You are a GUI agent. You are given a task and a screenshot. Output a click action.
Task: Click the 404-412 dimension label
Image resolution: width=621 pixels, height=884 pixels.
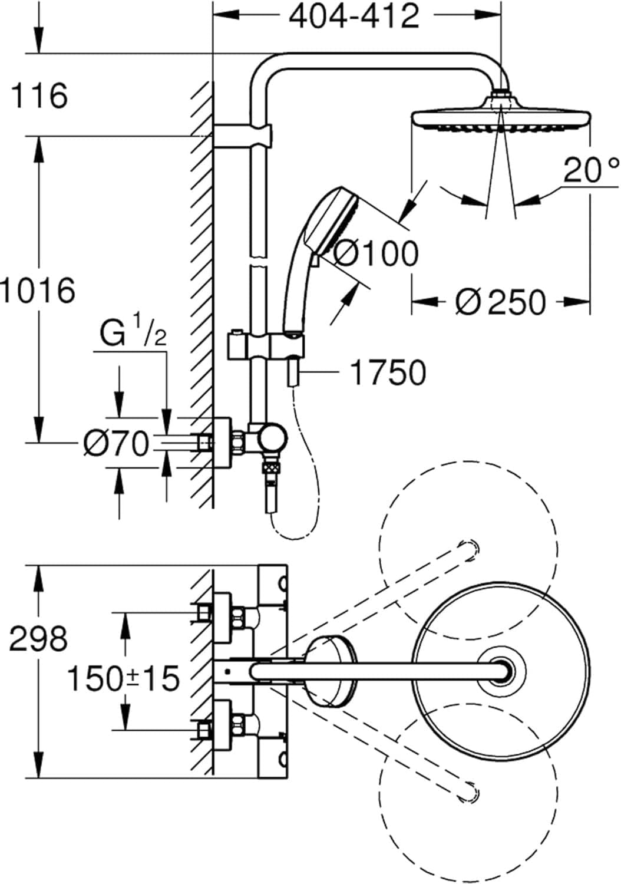coord(355,17)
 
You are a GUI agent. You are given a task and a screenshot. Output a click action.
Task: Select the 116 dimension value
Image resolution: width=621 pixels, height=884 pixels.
coord(40,96)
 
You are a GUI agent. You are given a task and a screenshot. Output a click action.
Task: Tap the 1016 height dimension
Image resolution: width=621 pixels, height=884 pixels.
coord(38,291)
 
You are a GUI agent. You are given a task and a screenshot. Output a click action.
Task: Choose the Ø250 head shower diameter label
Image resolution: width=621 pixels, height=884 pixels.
coord(500,302)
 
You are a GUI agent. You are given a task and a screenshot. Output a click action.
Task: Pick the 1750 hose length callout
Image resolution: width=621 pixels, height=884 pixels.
coord(388,372)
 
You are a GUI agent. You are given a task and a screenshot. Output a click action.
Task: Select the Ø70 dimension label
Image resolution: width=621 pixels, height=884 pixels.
coord(116,444)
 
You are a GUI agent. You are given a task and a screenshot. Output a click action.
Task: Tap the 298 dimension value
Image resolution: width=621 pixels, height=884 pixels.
coord(39,638)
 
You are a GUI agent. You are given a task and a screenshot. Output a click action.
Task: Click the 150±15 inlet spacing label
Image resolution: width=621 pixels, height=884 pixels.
coord(123,678)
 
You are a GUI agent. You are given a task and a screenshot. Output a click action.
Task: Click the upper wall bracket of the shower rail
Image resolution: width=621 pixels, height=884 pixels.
coord(243,135)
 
